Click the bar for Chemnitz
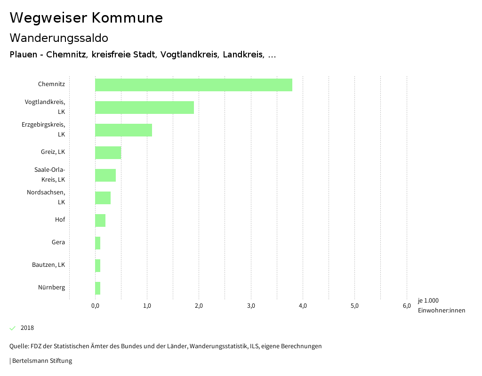tap(193, 85)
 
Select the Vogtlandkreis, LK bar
tap(145, 107)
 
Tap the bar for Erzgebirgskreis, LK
tap(123, 130)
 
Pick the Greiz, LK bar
tap(108, 152)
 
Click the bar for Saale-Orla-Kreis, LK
tap(105, 175)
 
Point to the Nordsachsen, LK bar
tap(103, 198)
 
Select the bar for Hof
tap(100, 220)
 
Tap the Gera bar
tap(97, 243)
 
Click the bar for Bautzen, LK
tap(97, 265)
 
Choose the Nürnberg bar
tap(97, 288)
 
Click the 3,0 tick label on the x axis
tap(251, 306)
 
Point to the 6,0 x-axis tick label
tap(407, 306)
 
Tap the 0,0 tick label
tap(95, 306)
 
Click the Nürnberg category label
tap(52, 288)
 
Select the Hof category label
tap(60, 220)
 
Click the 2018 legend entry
tap(27, 328)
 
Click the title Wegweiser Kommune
tap(86, 18)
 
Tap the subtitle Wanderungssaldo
tap(59, 38)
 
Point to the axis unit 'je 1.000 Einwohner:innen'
tap(441, 305)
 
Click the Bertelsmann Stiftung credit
tap(41, 361)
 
